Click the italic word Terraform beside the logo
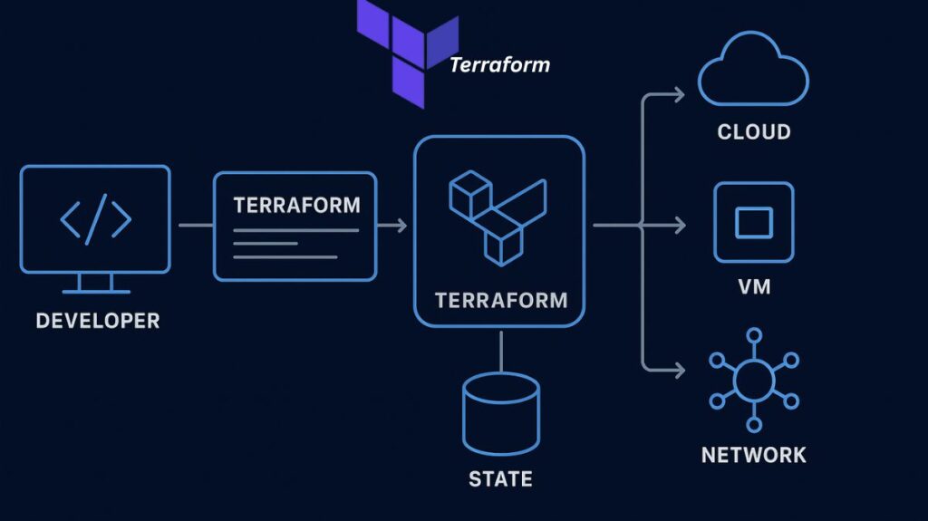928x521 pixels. [499, 65]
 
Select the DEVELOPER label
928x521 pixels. [97, 321]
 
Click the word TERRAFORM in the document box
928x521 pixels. [296, 205]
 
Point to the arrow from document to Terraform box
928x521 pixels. [391, 225]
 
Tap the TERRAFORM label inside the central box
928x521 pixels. [500, 300]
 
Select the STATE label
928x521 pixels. [500, 478]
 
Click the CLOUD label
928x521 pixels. [753, 132]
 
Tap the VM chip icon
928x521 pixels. [753, 222]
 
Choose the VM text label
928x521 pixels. [754, 287]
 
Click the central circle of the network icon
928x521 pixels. [753, 381]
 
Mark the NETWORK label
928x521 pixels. [753, 454]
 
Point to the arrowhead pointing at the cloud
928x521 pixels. [680, 93]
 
